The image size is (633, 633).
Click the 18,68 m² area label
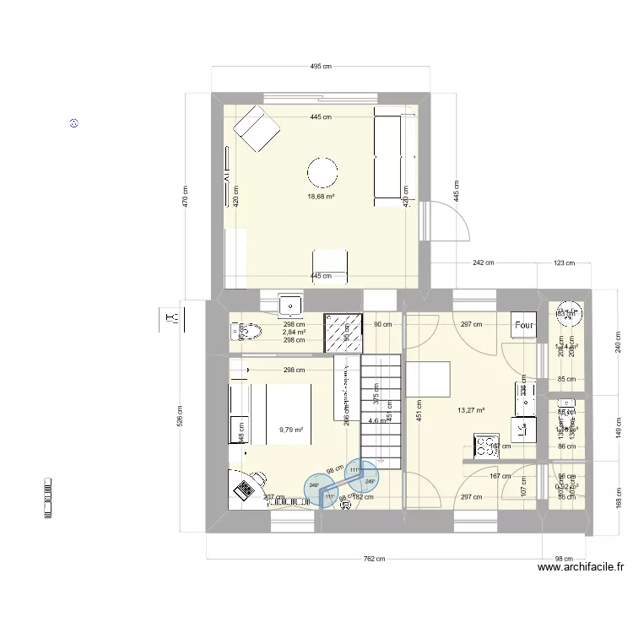point(321,197)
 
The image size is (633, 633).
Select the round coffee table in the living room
point(323,172)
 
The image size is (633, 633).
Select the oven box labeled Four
point(524,324)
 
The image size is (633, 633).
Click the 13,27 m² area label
point(471,411)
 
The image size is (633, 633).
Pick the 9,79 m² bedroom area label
point(291,429)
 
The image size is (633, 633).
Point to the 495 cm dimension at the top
point(321,66)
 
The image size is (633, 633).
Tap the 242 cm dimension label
point(483,263)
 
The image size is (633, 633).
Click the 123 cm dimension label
point(565,263)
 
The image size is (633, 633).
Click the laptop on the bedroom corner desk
point(246,488)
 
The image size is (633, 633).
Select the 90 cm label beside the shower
point(382,324)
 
